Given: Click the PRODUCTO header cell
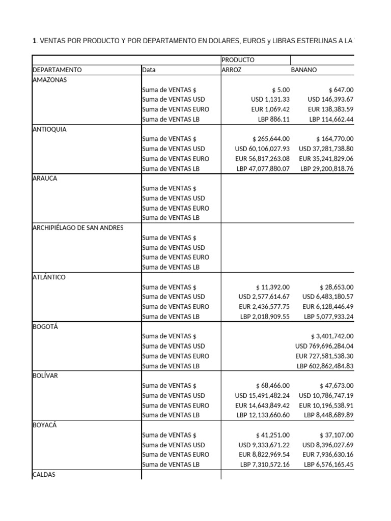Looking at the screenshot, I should pos(238,60).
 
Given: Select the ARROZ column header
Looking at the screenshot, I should pos(232,70).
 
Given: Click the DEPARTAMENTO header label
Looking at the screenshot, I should pos(57,70).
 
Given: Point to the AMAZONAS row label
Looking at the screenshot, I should pos(49,80).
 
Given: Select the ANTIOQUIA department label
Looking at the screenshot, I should pos(49,129).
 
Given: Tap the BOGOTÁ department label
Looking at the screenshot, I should pos(45,327).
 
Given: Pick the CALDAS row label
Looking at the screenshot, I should pos(44,475).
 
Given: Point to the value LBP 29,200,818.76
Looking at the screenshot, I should pos(327,168).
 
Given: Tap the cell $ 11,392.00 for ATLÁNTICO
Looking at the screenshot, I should pos(272,287).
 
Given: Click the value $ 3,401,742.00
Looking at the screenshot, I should pos(332,336).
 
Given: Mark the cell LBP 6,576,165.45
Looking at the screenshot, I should pos(328,465).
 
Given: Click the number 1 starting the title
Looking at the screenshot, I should pos(34,41).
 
